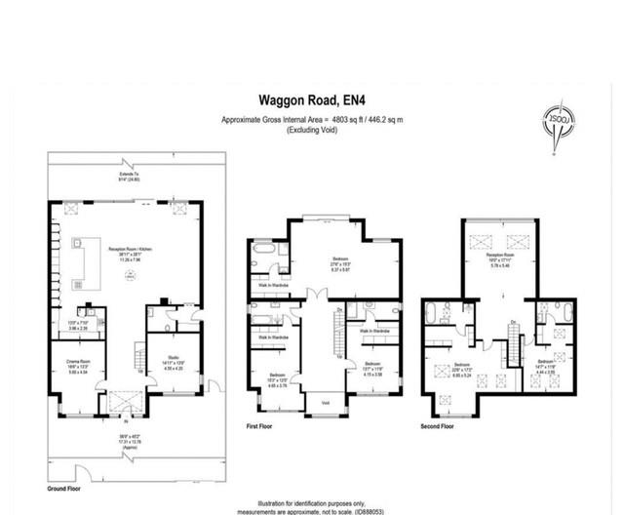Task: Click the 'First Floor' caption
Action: [264, 426]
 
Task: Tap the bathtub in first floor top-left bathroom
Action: [261, 253]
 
